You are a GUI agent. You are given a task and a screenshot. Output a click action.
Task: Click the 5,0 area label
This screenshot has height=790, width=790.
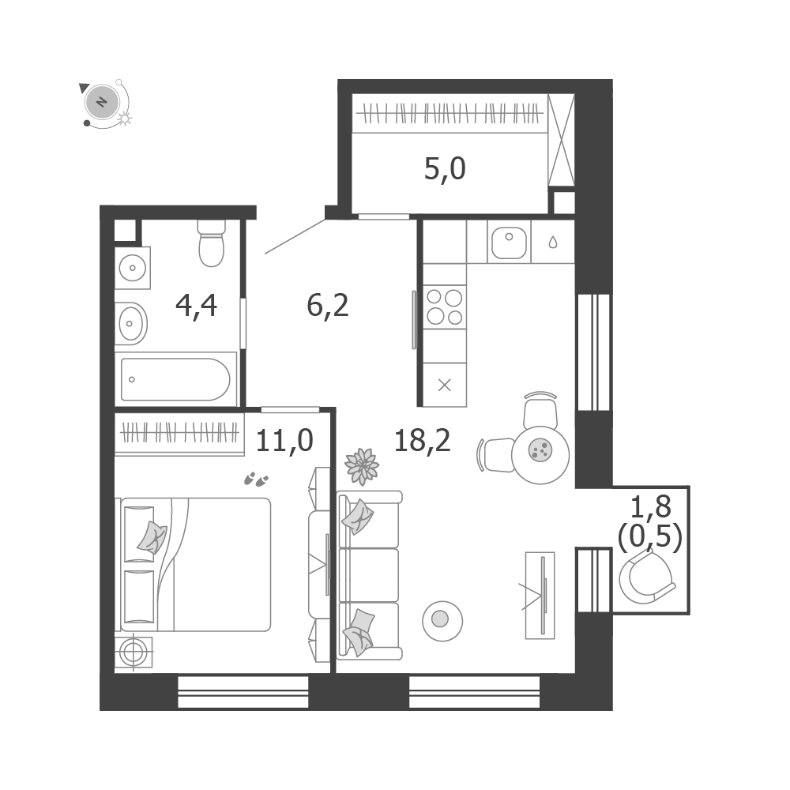(x=445, y=169)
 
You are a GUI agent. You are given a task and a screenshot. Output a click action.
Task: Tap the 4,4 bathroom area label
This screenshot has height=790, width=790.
(x=197, y=305)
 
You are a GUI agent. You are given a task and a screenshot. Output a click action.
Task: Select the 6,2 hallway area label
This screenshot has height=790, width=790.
(x=328, y=305)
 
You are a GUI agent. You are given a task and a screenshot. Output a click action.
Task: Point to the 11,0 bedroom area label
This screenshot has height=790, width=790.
(x=284, y=440)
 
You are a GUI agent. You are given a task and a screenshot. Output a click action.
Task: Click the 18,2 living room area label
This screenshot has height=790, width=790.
(x=422, y=440)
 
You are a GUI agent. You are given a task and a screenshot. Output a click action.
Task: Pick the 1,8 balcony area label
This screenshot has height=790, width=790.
(x=651, y=506)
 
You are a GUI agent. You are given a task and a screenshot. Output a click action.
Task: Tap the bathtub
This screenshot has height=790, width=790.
(x=175, y=379)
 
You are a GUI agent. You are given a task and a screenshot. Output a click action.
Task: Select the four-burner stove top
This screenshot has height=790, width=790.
(x=444, y=307)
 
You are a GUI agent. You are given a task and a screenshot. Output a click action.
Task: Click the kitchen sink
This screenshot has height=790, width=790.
(x=509, y=242)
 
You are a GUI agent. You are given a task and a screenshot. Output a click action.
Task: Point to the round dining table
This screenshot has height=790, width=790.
(x=540, y=455)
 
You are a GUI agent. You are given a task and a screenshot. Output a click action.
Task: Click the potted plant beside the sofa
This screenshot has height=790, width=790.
(x=362, y=466)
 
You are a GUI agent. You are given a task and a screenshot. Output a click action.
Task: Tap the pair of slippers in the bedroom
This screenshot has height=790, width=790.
(x=256, y=480)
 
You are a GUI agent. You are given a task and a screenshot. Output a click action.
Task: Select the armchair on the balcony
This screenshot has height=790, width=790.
(x=647, y=576)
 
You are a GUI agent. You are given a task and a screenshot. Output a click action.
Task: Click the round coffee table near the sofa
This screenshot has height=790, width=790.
(x=442, y=621)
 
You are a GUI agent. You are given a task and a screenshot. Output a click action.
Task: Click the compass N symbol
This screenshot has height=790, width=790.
(x=102, y=102)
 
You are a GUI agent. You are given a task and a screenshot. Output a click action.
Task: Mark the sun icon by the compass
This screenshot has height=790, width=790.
(x=124, y=119)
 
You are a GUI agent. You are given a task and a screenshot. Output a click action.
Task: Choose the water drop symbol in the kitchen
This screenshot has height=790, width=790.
(x=553, y=243)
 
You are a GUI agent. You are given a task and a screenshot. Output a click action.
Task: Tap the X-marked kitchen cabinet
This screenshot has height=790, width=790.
(x=444, y=385)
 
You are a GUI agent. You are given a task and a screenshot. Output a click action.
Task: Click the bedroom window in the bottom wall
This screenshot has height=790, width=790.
(x=243, y=693)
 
